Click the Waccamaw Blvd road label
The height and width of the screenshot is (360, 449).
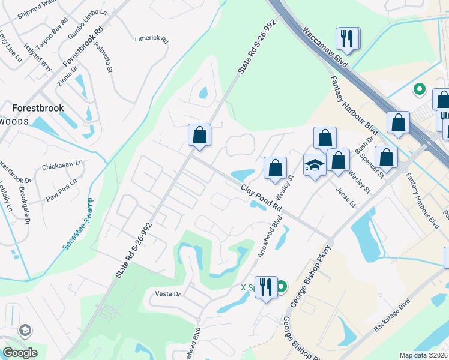point(322,50)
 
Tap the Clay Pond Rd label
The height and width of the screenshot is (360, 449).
point(261,197)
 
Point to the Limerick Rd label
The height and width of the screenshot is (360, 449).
point(151,38)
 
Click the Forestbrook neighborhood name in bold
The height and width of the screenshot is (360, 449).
point(38,108)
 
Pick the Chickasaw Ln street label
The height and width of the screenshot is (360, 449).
point(62,163)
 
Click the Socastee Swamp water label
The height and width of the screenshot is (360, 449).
point(82,224)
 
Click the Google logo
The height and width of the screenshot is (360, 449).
point(20,352)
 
